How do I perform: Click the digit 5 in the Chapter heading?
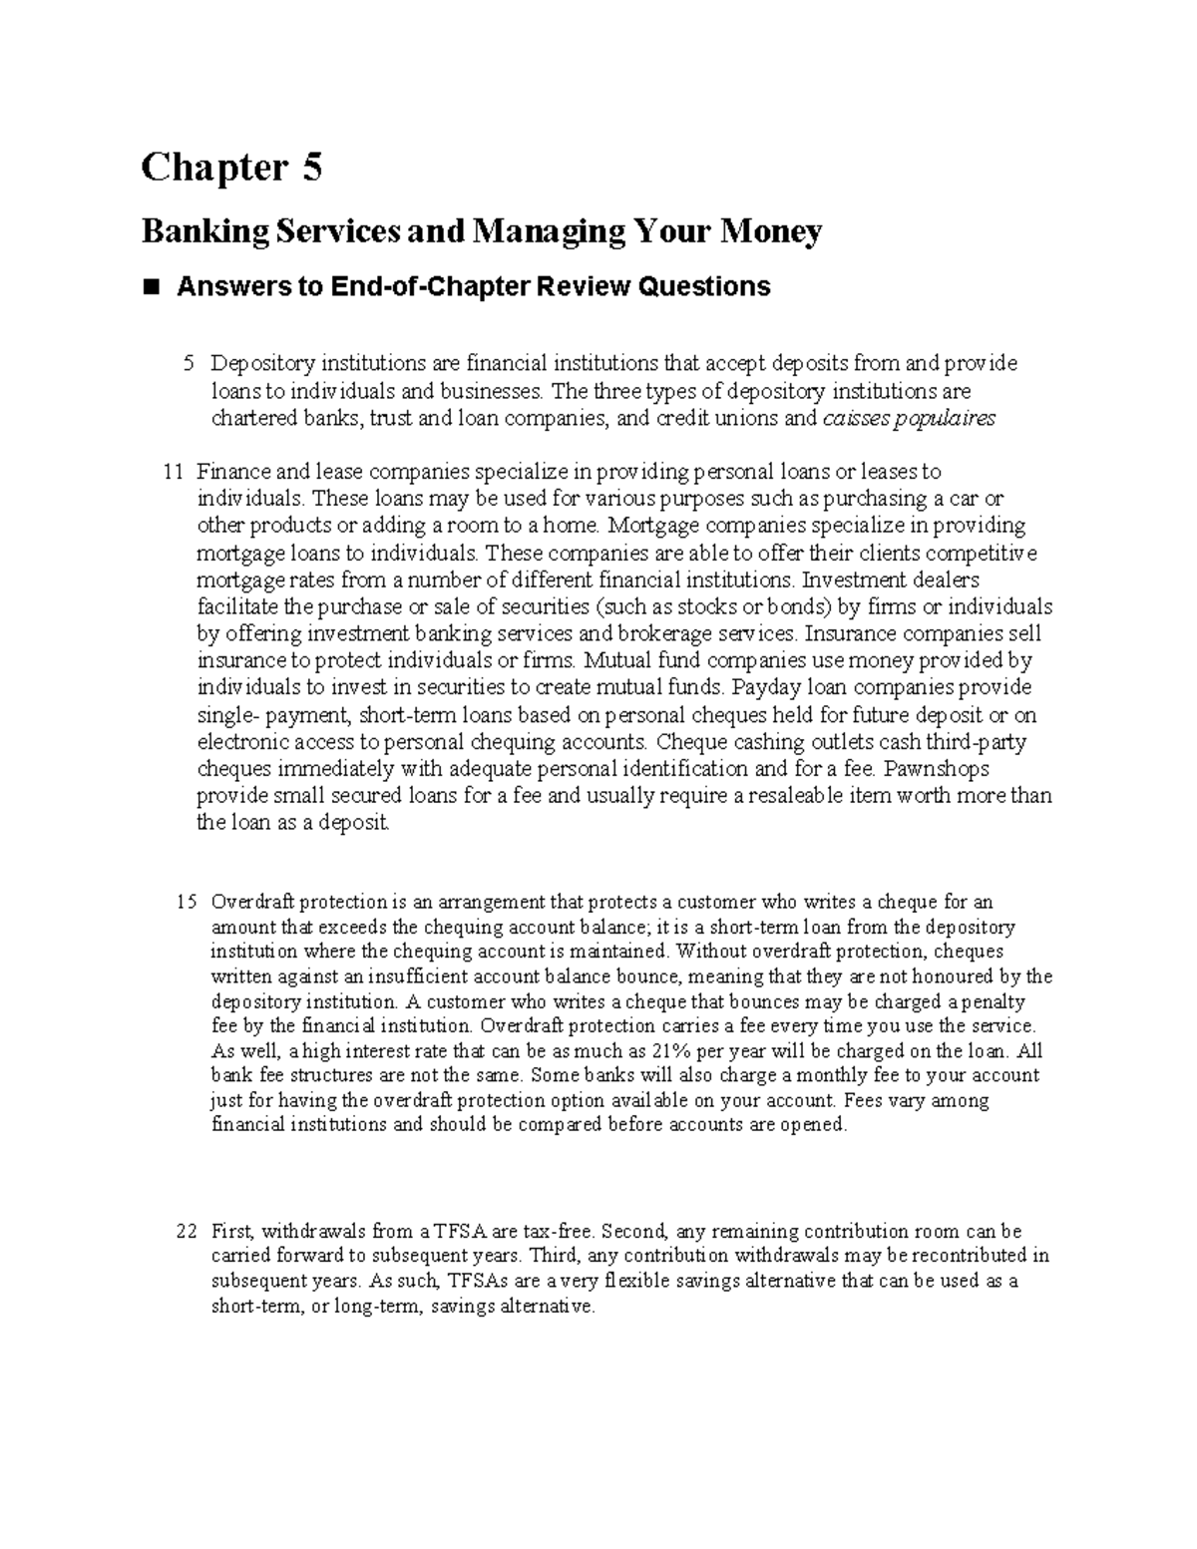(x=312, y=167)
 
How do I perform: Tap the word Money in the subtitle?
(x=775, y=231)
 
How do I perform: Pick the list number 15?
(x=187, y=903)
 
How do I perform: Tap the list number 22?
(x=187, y=1232)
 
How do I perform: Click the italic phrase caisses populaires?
(x=908, y=419)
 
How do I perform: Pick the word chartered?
(x=249, y=419)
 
